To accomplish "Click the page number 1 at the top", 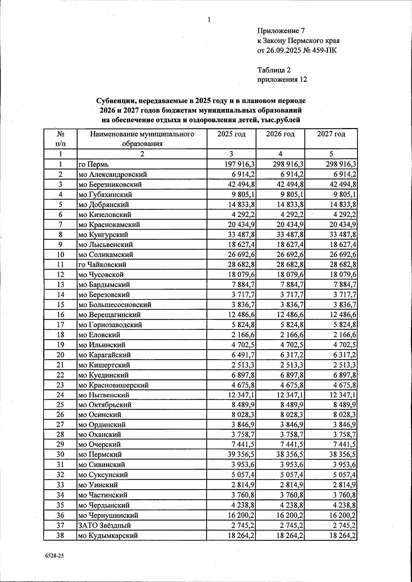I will click(209, 20).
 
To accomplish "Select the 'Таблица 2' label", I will click(274, 70).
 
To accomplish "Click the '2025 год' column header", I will click(231, 134).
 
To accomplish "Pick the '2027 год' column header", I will click(331, 134).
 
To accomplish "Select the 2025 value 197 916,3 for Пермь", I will click(239, 164).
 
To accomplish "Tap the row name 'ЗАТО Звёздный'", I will click(105, 525).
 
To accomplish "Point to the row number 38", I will click(60, 535).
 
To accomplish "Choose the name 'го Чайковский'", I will click(102, 265).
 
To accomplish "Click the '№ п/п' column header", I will click(60, 138).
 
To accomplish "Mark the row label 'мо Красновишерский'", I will click(113, 385).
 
